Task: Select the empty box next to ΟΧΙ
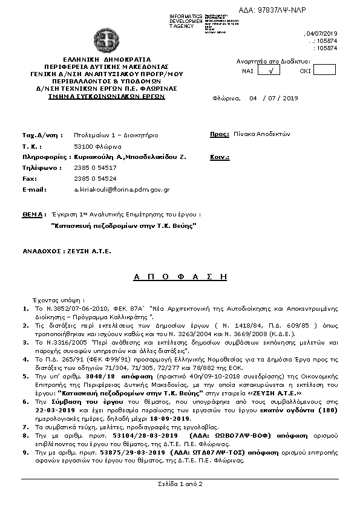tap(324, 70)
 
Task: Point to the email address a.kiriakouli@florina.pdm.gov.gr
tap(122, 189)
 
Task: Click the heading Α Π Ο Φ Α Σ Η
tap(179, 275)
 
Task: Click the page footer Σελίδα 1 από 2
tap(179, 484)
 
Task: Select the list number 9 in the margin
tap(24, 452)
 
